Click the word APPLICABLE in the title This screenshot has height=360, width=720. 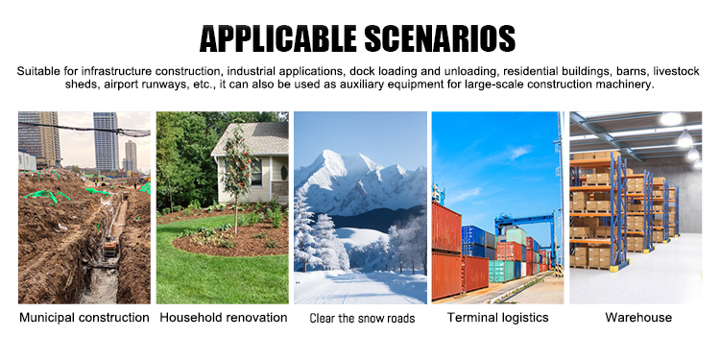[x=277, y=38]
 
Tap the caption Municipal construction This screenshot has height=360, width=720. [x=84, y=318]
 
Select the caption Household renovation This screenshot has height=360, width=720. [x=223, y=318]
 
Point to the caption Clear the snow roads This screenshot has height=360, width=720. [x=362, y=318]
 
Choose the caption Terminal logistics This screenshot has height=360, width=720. [x=497, y=318]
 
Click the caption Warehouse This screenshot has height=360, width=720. [x=638, y=318]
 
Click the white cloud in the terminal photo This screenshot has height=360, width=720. [x=520, y=152]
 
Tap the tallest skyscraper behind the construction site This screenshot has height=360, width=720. [x=106, y=141]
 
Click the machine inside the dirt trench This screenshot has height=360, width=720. [x=110, y=249]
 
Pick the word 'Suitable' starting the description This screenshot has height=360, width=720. [x=39, y=71]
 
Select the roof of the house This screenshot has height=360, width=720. [x=252, y=138]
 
